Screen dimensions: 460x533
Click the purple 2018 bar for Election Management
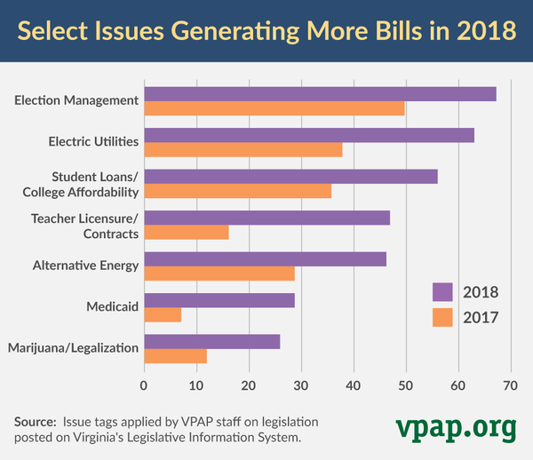tap(320, 94)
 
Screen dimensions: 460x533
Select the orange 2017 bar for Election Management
tap(274, 108)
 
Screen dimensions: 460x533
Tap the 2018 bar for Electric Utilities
tap(309, 135)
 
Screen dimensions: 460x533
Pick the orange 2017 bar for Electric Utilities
tap(243, 149)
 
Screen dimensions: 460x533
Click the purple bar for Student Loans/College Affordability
tap(290, 177)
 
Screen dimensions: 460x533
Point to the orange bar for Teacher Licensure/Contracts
tap(187, 232)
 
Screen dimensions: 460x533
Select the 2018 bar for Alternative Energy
tap(265, 259)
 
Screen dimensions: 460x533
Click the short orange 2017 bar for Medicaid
tap(163, 314)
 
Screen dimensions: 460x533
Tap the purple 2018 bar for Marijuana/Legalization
tap(212, 342)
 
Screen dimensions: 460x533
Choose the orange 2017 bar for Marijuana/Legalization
tap(175, 356)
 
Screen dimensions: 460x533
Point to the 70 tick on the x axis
tap(510, 386)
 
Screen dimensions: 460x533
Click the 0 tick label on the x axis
tap(144, 386)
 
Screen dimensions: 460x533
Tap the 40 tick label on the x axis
tap(354, 386)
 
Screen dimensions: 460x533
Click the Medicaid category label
tap(112, 306)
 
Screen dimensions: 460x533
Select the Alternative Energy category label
tap(85, 266)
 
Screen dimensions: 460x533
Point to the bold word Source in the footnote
tap(35, 421)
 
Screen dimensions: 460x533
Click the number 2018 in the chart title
tap(486, 30)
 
